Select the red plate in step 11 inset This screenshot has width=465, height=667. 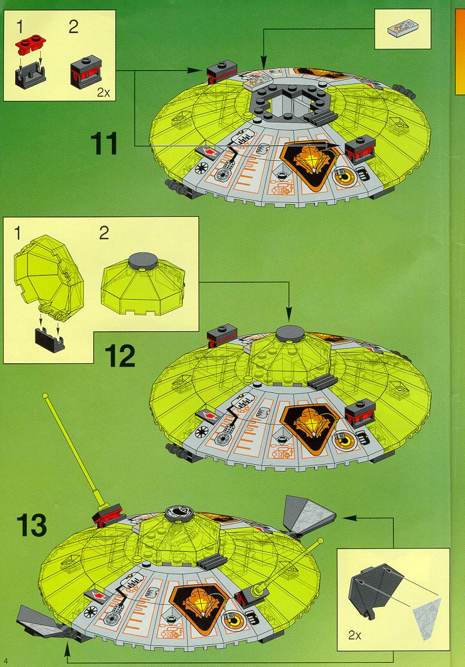(31, 43)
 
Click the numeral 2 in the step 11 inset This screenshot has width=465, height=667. (73, 28)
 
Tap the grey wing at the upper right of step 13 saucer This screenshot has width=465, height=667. (308, 515)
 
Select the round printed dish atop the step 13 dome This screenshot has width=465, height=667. (178, 512)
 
